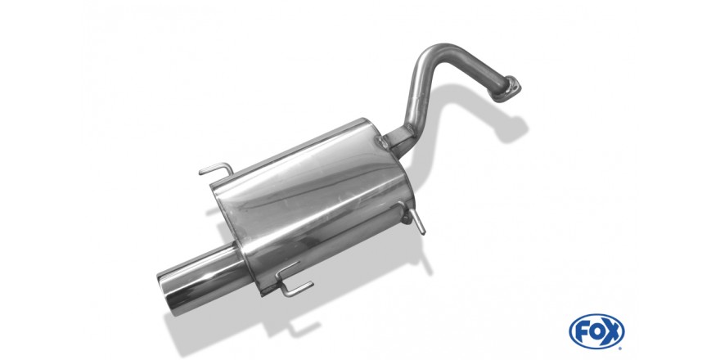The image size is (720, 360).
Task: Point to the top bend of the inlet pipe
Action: pyautogui.click(x=436, y=51)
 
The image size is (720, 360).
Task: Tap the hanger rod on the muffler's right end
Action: pyautogui.click(x=415, y=219)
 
